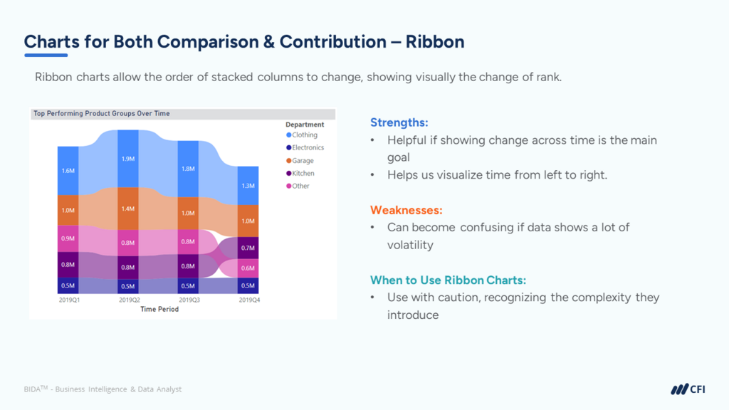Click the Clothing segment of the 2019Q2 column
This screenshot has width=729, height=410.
coord(128,159)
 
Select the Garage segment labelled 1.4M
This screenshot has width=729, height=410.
coord(128,209)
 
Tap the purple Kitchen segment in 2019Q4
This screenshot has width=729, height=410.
coord(248,248)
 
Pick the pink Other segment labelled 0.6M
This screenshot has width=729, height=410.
coord(248,268)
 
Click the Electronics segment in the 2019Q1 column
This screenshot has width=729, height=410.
coord(68,285)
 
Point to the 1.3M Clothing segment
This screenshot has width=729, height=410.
coord(248,186)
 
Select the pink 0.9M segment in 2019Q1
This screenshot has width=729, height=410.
coord(68,238)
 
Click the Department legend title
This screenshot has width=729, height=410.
coord(305,125)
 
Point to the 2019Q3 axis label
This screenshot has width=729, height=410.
coord(188,300)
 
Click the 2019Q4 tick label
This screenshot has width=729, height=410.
coord(248,300)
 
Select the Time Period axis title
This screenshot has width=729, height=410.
coord(159,310)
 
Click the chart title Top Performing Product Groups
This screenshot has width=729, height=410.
coord(102,114)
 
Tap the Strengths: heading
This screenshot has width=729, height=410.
coord(399,123)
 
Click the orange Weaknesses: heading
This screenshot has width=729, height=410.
coord(406,210)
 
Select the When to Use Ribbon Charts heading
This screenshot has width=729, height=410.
coord(448,280)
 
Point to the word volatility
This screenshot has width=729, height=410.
coord(411,245)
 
